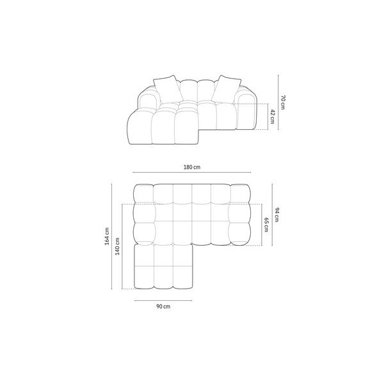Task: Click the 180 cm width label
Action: click(x=192, y=167)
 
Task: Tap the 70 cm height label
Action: click(x=282, y=102)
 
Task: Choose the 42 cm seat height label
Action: click(x=272, y=116)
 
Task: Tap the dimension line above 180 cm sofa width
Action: click(x=192, y=173)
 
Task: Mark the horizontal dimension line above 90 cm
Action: click(x=163, y=301)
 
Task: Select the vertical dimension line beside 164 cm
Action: click(x=112, y=237)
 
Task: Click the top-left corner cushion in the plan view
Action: click(x=143, y=193)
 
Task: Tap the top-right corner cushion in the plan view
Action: click(x=241, y=193)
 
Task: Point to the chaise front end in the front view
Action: click(x=138, y=131)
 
